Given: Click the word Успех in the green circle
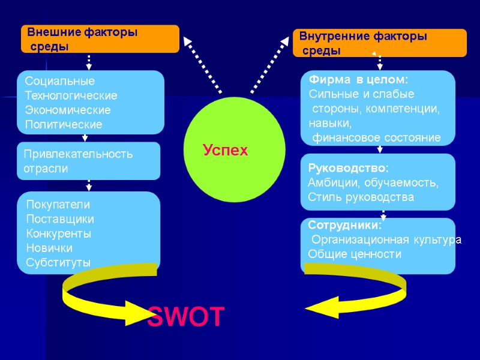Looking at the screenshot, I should pyautogui.click(x=225, y=150).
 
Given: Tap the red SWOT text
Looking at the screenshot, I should pyautogui.click(x=186, y=316).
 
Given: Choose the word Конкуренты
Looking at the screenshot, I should pyautogui.click(x=58, y=233).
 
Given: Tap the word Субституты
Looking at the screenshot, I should pyautogui.click(x=58, y=262).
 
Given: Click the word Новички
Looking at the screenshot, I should pyautogui.click(x=49, y=248).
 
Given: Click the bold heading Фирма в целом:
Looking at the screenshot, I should pyautogui.click(x=358, y=79).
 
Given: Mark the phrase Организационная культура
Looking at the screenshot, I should pyautogui.click(x=386, y=240).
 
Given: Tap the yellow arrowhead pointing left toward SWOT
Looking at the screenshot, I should pyautogui.click(x=321, y=308).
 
